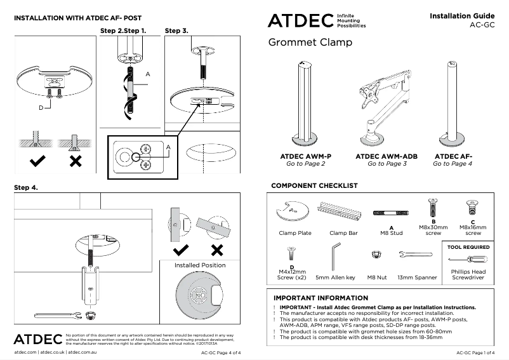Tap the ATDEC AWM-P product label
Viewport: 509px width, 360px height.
pyautogui.click(x=306, y=156)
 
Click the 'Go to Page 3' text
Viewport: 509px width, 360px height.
pyautogui.click(x=387, y=164)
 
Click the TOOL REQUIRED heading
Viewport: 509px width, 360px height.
pyautogui.click(x=468, y=247)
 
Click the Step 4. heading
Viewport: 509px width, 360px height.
pyautogui.click(x=26, y=188)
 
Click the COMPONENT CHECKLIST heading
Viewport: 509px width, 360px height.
pyautogui.click(x=314, y=186)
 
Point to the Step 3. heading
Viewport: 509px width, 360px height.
pyautogui.click(x=176, y=30)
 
